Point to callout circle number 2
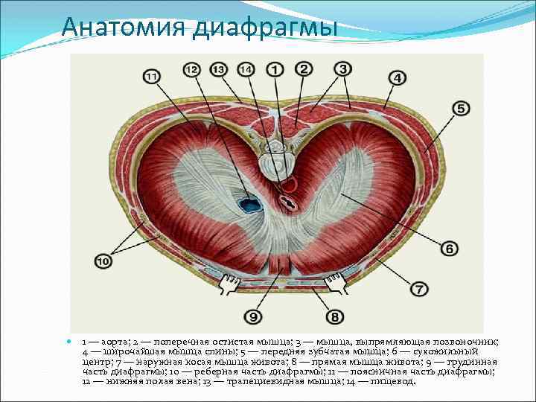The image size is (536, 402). [303, 69]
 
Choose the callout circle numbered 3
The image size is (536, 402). [342, 69]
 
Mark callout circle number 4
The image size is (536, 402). [396, 77]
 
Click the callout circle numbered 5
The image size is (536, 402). [459, 109]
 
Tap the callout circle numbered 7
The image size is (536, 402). [418, 288]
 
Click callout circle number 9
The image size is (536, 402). [253, 317]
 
